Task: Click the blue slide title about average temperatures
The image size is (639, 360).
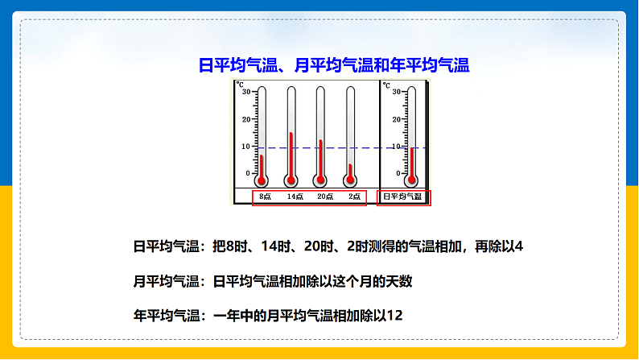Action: coord(334,65)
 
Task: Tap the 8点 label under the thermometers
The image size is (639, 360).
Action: coord(265,197)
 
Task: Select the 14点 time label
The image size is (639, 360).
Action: coord(295,197)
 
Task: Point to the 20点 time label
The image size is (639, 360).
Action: coord(325,197)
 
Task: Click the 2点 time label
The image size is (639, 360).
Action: coord(354,197)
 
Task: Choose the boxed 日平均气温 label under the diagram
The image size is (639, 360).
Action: coord(402,197)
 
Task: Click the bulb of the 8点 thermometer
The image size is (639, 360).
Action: coord(262,180)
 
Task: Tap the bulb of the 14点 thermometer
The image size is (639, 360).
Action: coord(291,180)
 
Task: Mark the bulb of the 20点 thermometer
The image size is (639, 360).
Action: coord(320,180)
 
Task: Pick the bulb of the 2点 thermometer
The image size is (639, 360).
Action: coord(350,180)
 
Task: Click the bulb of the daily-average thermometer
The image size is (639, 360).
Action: coord(411,180)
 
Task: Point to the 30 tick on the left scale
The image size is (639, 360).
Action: coord(246,92)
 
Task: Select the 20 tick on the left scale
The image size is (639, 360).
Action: coord(246,119)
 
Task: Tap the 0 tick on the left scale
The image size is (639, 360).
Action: coord(248,173)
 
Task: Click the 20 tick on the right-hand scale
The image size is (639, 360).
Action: coord(397,119)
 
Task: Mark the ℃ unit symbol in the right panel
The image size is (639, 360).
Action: coord(386,85)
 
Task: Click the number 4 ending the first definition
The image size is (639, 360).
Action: coord(519,246)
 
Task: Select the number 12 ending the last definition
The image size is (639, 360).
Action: coord(394,316)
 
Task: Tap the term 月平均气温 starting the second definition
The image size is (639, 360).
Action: coord(167,281)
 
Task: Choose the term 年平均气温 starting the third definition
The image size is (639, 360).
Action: coord(167,316)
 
